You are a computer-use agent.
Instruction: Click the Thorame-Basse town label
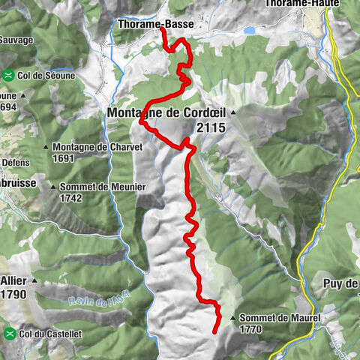(155, 25)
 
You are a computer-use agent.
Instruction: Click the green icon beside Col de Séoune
(9, 75)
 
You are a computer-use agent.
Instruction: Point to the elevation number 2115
(210, 128)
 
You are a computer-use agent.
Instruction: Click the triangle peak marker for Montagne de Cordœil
(232, 113)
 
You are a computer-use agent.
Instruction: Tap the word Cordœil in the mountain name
(202, 113)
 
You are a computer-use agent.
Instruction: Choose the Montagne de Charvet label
(97, 148)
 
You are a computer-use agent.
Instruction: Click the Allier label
(14, 280)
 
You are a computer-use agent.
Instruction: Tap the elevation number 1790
(13, 294)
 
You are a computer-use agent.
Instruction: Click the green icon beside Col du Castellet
(9, 332)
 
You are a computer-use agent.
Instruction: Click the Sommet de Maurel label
(280, 318)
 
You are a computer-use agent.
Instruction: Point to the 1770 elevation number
(252, 328)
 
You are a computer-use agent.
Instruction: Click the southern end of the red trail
(216, 331)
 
